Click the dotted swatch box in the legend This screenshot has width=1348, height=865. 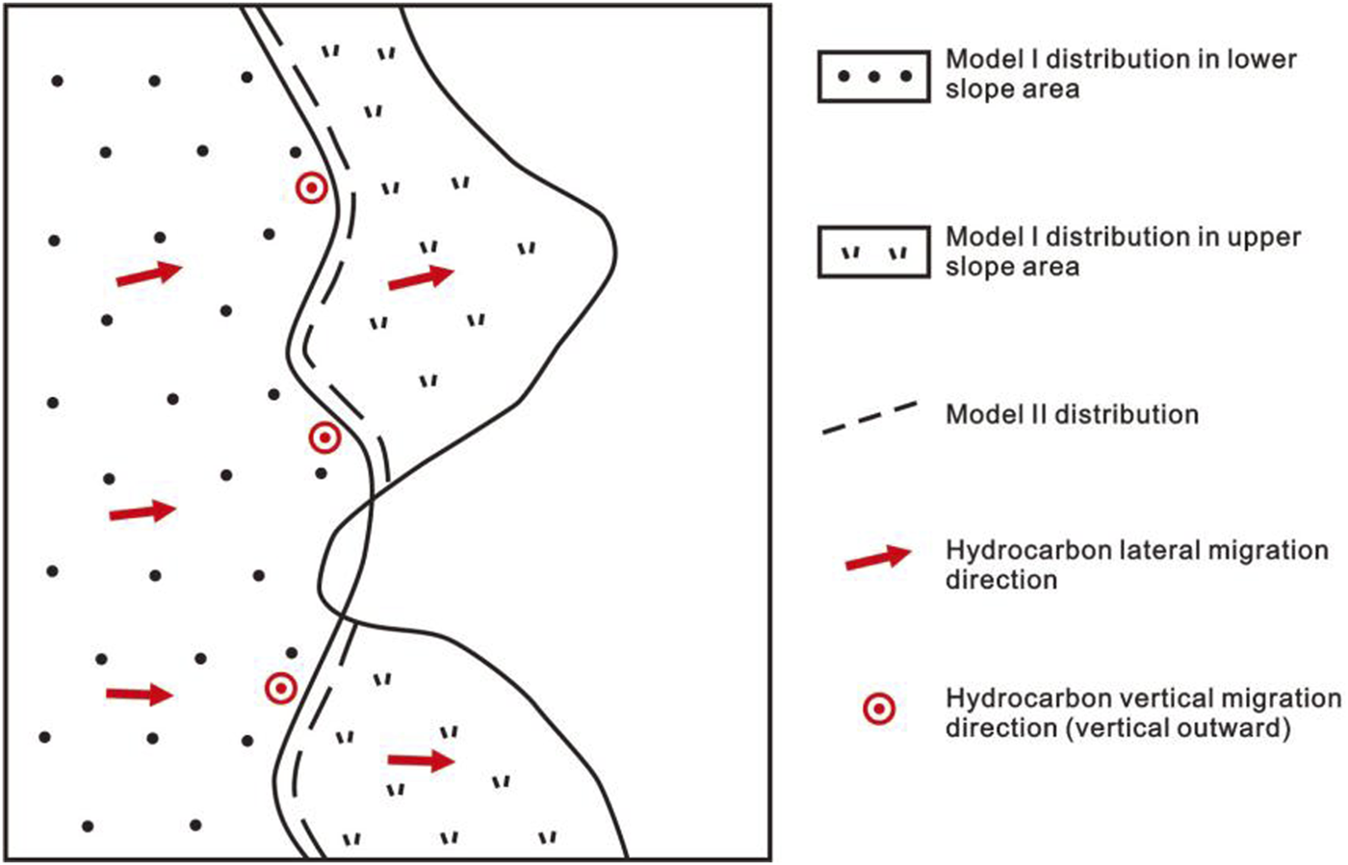tap(873, 76)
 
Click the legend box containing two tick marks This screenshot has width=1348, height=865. tap(873, 253)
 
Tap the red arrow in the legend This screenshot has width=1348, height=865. tap(877, 558)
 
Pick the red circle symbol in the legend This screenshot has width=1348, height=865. tap(878, 710)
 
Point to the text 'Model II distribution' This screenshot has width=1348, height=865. tap(1072, 415)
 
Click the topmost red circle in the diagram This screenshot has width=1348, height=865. tap(311, 189)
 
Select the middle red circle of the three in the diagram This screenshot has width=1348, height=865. tap(325, 439)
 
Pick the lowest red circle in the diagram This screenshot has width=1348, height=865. tap(280, 688)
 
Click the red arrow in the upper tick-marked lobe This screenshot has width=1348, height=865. tap(421, 277)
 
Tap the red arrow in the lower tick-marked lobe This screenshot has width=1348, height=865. tap(421, 761)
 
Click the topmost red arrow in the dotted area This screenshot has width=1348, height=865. tap(148, 274)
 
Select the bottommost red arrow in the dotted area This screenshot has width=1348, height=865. tap(140, 694)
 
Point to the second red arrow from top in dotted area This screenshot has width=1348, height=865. tap(143, 511)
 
